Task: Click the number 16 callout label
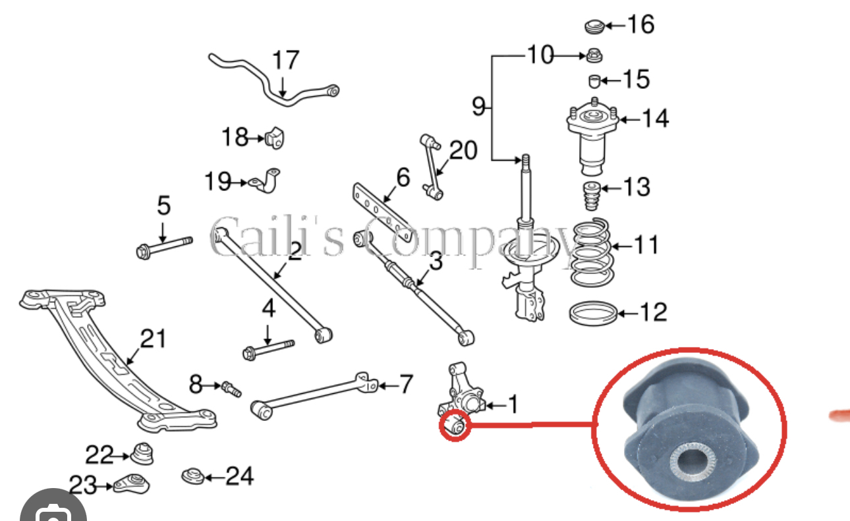(640, 24)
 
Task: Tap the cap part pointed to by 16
(594, 27)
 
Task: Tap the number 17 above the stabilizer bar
(285, 61)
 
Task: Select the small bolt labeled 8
(231, 388)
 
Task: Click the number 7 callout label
(406, 383)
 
